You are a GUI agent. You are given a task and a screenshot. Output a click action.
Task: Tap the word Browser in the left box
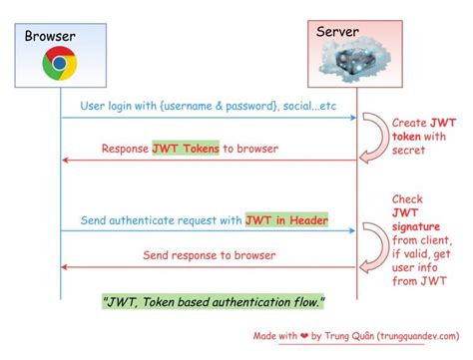coord(50,37)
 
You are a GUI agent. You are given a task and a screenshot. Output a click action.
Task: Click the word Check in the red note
coord(407,198)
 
